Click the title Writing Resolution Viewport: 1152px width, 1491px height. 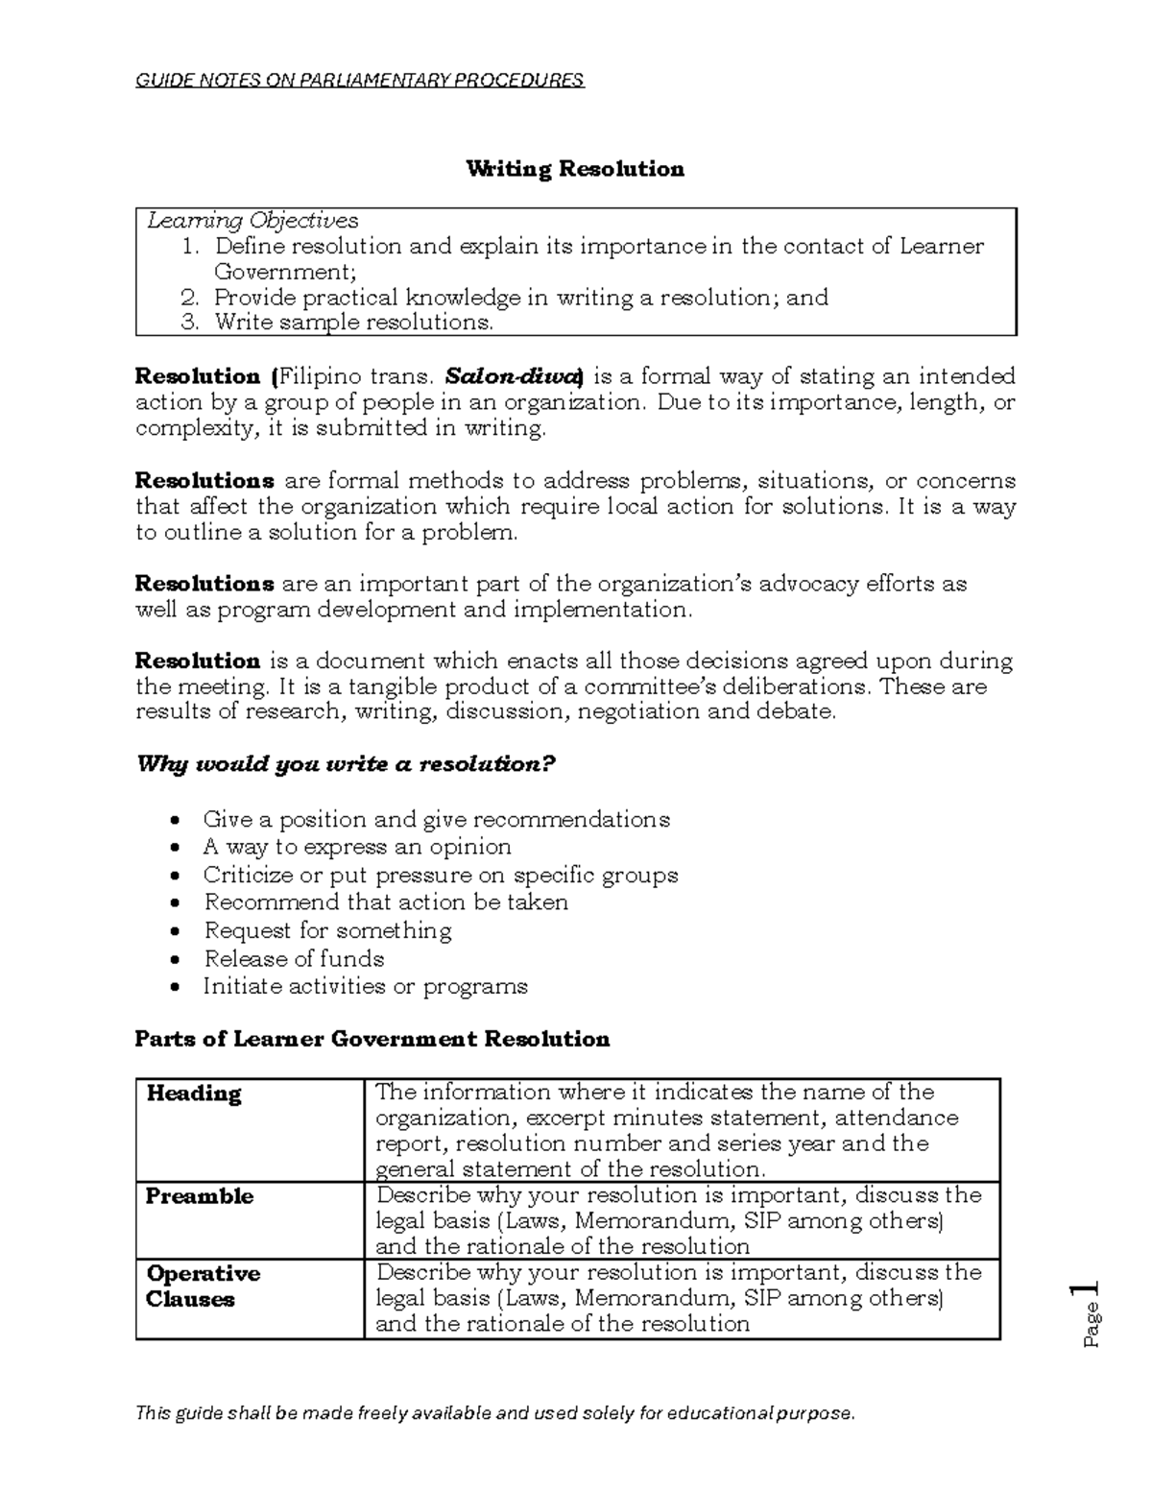click(x=575, y=170)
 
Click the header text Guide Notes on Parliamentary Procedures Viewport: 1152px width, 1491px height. click(x=360, y=80)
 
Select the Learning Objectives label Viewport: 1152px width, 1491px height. click(x=252, y=222)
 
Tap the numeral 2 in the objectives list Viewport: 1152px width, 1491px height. click(x=189, y=298)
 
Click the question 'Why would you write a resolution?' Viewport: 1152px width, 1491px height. click(x=347, y=765)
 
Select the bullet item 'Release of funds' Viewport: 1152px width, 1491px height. click(x=294, y=959)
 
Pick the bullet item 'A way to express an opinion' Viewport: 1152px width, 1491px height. click(x=357, y=847)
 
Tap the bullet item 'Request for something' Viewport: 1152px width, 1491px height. click(x=327, y=931)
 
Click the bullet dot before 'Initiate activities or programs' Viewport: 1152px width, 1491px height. click(x=174, y=987)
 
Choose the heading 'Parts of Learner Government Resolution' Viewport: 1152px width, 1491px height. click(x=372, y=1040)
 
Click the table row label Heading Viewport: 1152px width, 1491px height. click(x=194, y=1094)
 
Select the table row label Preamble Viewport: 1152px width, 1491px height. click(x=200, y=1196)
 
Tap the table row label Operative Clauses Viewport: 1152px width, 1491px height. click(x=203, y=1287)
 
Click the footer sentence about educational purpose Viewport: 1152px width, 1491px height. click(x=494, y=1413)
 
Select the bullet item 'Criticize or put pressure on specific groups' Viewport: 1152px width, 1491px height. click(x=441, y=876)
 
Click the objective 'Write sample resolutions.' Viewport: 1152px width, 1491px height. click(x=353, y=323)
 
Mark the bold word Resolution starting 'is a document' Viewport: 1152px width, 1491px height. click(x=198, y=661)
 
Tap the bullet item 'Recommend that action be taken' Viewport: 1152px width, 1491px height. click(x=386, y=902)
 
